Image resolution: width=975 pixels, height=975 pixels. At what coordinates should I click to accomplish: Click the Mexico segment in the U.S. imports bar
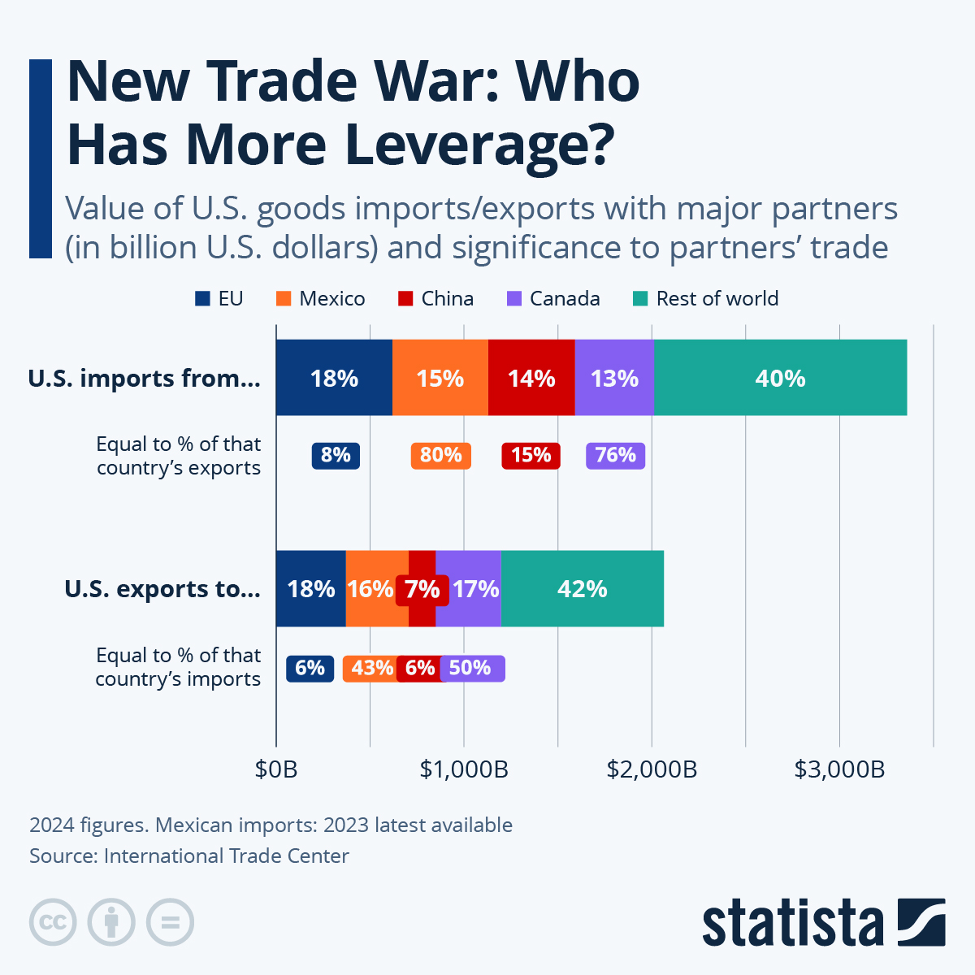440,378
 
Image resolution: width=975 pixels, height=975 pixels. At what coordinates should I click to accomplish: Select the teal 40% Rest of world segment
780,378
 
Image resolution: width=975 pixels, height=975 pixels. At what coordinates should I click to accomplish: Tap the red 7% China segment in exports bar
422,589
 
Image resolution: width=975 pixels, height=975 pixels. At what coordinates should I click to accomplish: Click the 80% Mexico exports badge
440,455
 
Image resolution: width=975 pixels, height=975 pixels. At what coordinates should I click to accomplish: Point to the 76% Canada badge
615,455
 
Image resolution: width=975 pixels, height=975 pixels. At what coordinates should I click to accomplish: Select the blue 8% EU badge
336,455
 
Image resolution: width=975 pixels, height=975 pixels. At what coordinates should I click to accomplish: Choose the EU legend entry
219,299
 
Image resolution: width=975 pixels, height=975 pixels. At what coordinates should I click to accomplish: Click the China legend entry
436,299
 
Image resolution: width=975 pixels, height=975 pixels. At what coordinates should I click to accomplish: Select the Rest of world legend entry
705,299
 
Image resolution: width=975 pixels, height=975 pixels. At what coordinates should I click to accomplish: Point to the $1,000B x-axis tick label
464,769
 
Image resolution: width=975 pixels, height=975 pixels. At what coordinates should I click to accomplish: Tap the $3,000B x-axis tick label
839,769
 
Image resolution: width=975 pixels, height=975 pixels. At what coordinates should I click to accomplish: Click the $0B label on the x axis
276,769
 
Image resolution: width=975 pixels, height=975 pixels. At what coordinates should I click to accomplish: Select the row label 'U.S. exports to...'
162,589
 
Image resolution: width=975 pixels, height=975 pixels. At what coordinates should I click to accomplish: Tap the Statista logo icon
921,922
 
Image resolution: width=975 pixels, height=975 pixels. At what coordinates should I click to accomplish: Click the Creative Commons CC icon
53,922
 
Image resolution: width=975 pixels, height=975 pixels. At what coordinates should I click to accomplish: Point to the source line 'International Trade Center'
226,856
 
